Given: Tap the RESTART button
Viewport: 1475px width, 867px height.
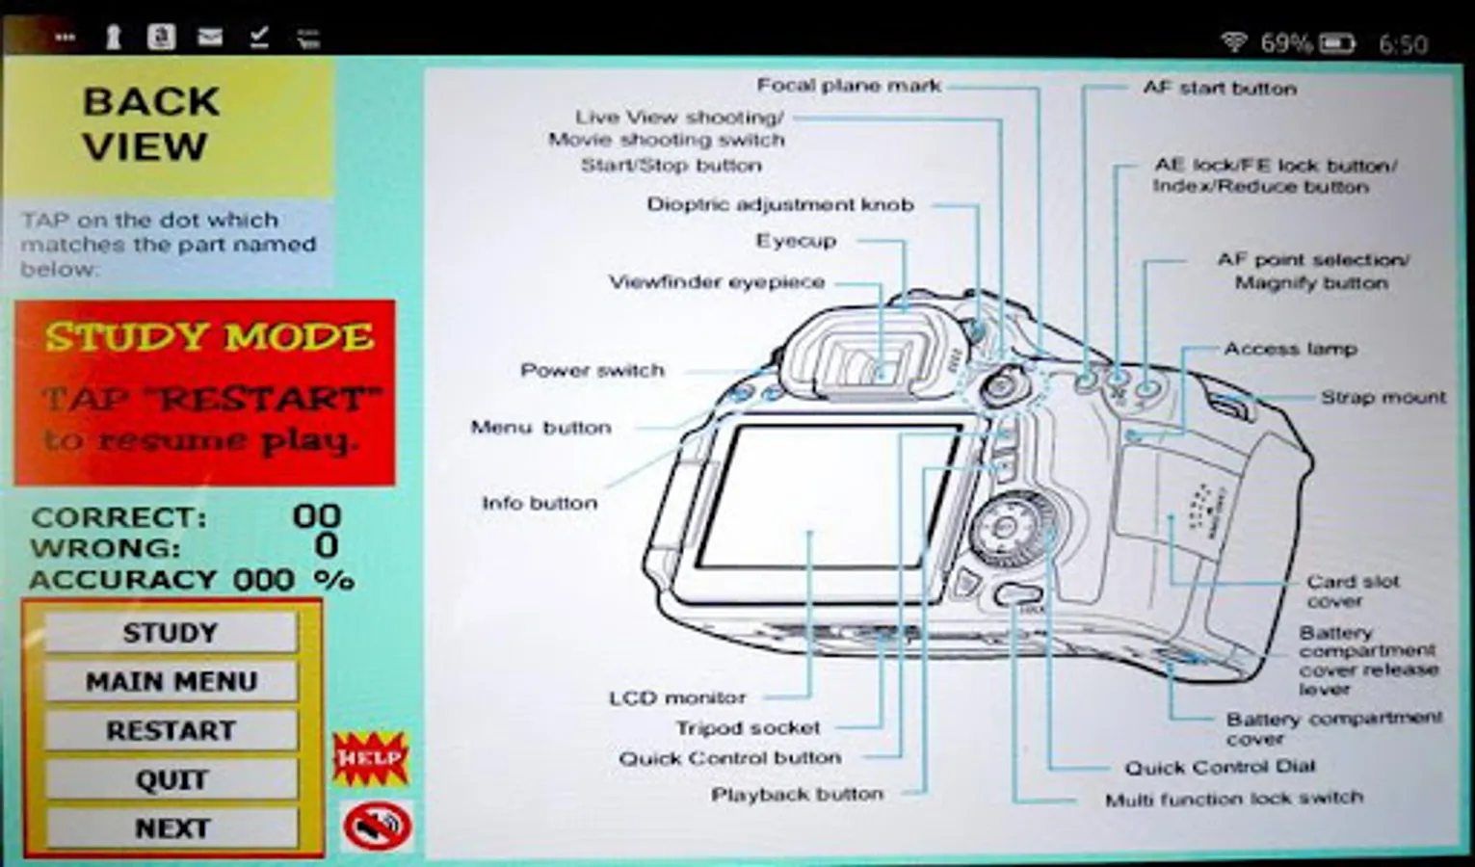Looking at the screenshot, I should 171,730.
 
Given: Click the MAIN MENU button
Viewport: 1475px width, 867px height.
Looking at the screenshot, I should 171,681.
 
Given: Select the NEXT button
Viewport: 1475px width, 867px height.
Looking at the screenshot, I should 171,828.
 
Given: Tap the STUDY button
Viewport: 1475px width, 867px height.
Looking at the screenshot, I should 171,633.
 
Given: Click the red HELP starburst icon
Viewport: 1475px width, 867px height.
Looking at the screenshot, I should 371,758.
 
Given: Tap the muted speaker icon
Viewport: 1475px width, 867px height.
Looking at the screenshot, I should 377,826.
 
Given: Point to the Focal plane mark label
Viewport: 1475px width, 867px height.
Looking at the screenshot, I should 848,86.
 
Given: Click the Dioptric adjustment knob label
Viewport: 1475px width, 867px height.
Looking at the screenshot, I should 779,204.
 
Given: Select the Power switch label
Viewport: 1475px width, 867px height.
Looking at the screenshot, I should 592,370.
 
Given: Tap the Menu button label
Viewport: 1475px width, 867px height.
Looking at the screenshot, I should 540,427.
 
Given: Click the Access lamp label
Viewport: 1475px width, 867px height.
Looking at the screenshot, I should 1290,349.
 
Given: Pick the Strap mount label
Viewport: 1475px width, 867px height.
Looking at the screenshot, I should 1383,397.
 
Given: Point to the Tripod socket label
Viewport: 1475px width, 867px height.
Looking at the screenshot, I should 748,727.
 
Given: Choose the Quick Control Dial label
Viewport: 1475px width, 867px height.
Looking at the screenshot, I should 1219,767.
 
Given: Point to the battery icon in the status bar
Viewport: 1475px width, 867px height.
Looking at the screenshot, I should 1336,43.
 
